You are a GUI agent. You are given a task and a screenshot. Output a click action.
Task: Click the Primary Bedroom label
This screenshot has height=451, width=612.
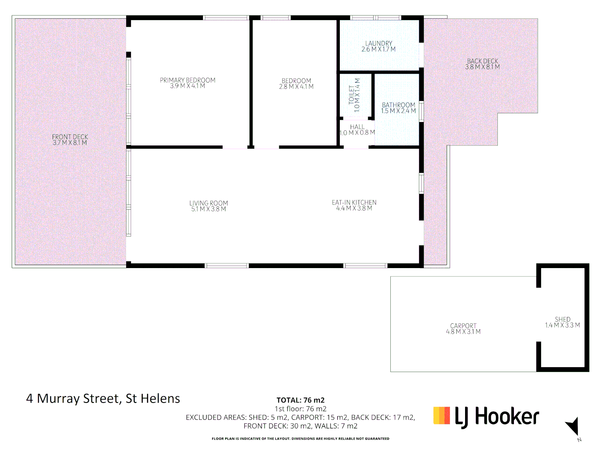click(187, 80)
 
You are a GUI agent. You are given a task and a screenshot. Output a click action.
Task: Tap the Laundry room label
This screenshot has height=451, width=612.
click(379, 43)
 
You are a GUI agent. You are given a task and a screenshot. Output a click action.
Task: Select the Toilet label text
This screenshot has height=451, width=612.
click(352, 95)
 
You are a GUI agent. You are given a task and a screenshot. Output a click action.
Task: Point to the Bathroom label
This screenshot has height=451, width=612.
click(399, 105)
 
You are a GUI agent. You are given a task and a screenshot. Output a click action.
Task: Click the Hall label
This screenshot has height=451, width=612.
click(357, 127)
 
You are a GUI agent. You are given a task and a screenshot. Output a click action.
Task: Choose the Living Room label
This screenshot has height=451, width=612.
click(208, 203)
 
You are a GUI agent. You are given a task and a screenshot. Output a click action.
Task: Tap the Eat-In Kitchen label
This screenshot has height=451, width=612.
click(354, 203)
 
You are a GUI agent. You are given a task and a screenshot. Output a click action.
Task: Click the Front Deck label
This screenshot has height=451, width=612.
click(70, 137)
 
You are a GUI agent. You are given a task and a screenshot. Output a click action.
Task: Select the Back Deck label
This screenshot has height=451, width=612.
click(483, 61)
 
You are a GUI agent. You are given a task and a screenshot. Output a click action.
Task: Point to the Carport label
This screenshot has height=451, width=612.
click(463, 326)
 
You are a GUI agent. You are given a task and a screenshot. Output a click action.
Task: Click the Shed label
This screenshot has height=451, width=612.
click(562, 319)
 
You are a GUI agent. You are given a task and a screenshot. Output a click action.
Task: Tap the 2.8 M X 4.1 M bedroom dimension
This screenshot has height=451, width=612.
click(296, 87)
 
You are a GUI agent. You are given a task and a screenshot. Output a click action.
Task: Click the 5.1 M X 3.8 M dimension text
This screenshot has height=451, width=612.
click(208, 209)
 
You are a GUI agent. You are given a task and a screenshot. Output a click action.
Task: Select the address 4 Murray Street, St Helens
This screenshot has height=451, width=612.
click(103, 398)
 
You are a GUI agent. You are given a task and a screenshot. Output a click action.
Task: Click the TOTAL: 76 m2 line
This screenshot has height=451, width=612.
click(301, 400)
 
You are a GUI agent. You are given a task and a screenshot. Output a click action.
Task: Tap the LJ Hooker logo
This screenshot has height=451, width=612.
click(486, 417)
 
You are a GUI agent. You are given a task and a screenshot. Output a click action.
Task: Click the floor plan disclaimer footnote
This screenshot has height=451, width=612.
click(301, 438)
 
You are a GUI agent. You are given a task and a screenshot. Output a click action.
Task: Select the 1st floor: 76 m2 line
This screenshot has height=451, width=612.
click(301, 409)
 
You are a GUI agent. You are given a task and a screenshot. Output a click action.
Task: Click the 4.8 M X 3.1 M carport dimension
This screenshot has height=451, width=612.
click(463, 332)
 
